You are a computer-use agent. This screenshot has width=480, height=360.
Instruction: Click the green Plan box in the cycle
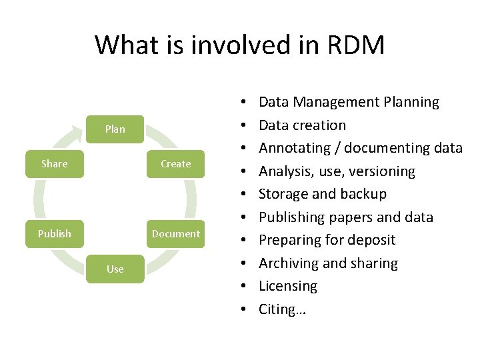click(x=115, y=129)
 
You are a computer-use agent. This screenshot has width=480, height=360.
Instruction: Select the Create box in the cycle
click(x=175, y=164)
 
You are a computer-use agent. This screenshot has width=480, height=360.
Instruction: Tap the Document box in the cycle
click(x=175, y=234)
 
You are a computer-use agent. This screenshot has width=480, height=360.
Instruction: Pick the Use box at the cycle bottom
click(x=115, y=269)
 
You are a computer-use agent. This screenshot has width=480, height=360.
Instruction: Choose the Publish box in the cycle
click(x=55, y=234)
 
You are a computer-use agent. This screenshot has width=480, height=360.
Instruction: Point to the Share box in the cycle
click(x=55, y=164)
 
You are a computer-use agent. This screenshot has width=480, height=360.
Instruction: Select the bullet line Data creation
click(x=302, y=125)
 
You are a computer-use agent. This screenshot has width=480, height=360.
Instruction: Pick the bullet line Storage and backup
click(x=322, y=194)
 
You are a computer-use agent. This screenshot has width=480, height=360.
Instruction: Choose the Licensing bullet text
click(x=288, y=286)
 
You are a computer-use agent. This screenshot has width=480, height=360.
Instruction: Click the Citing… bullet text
click(x=282, y=309)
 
